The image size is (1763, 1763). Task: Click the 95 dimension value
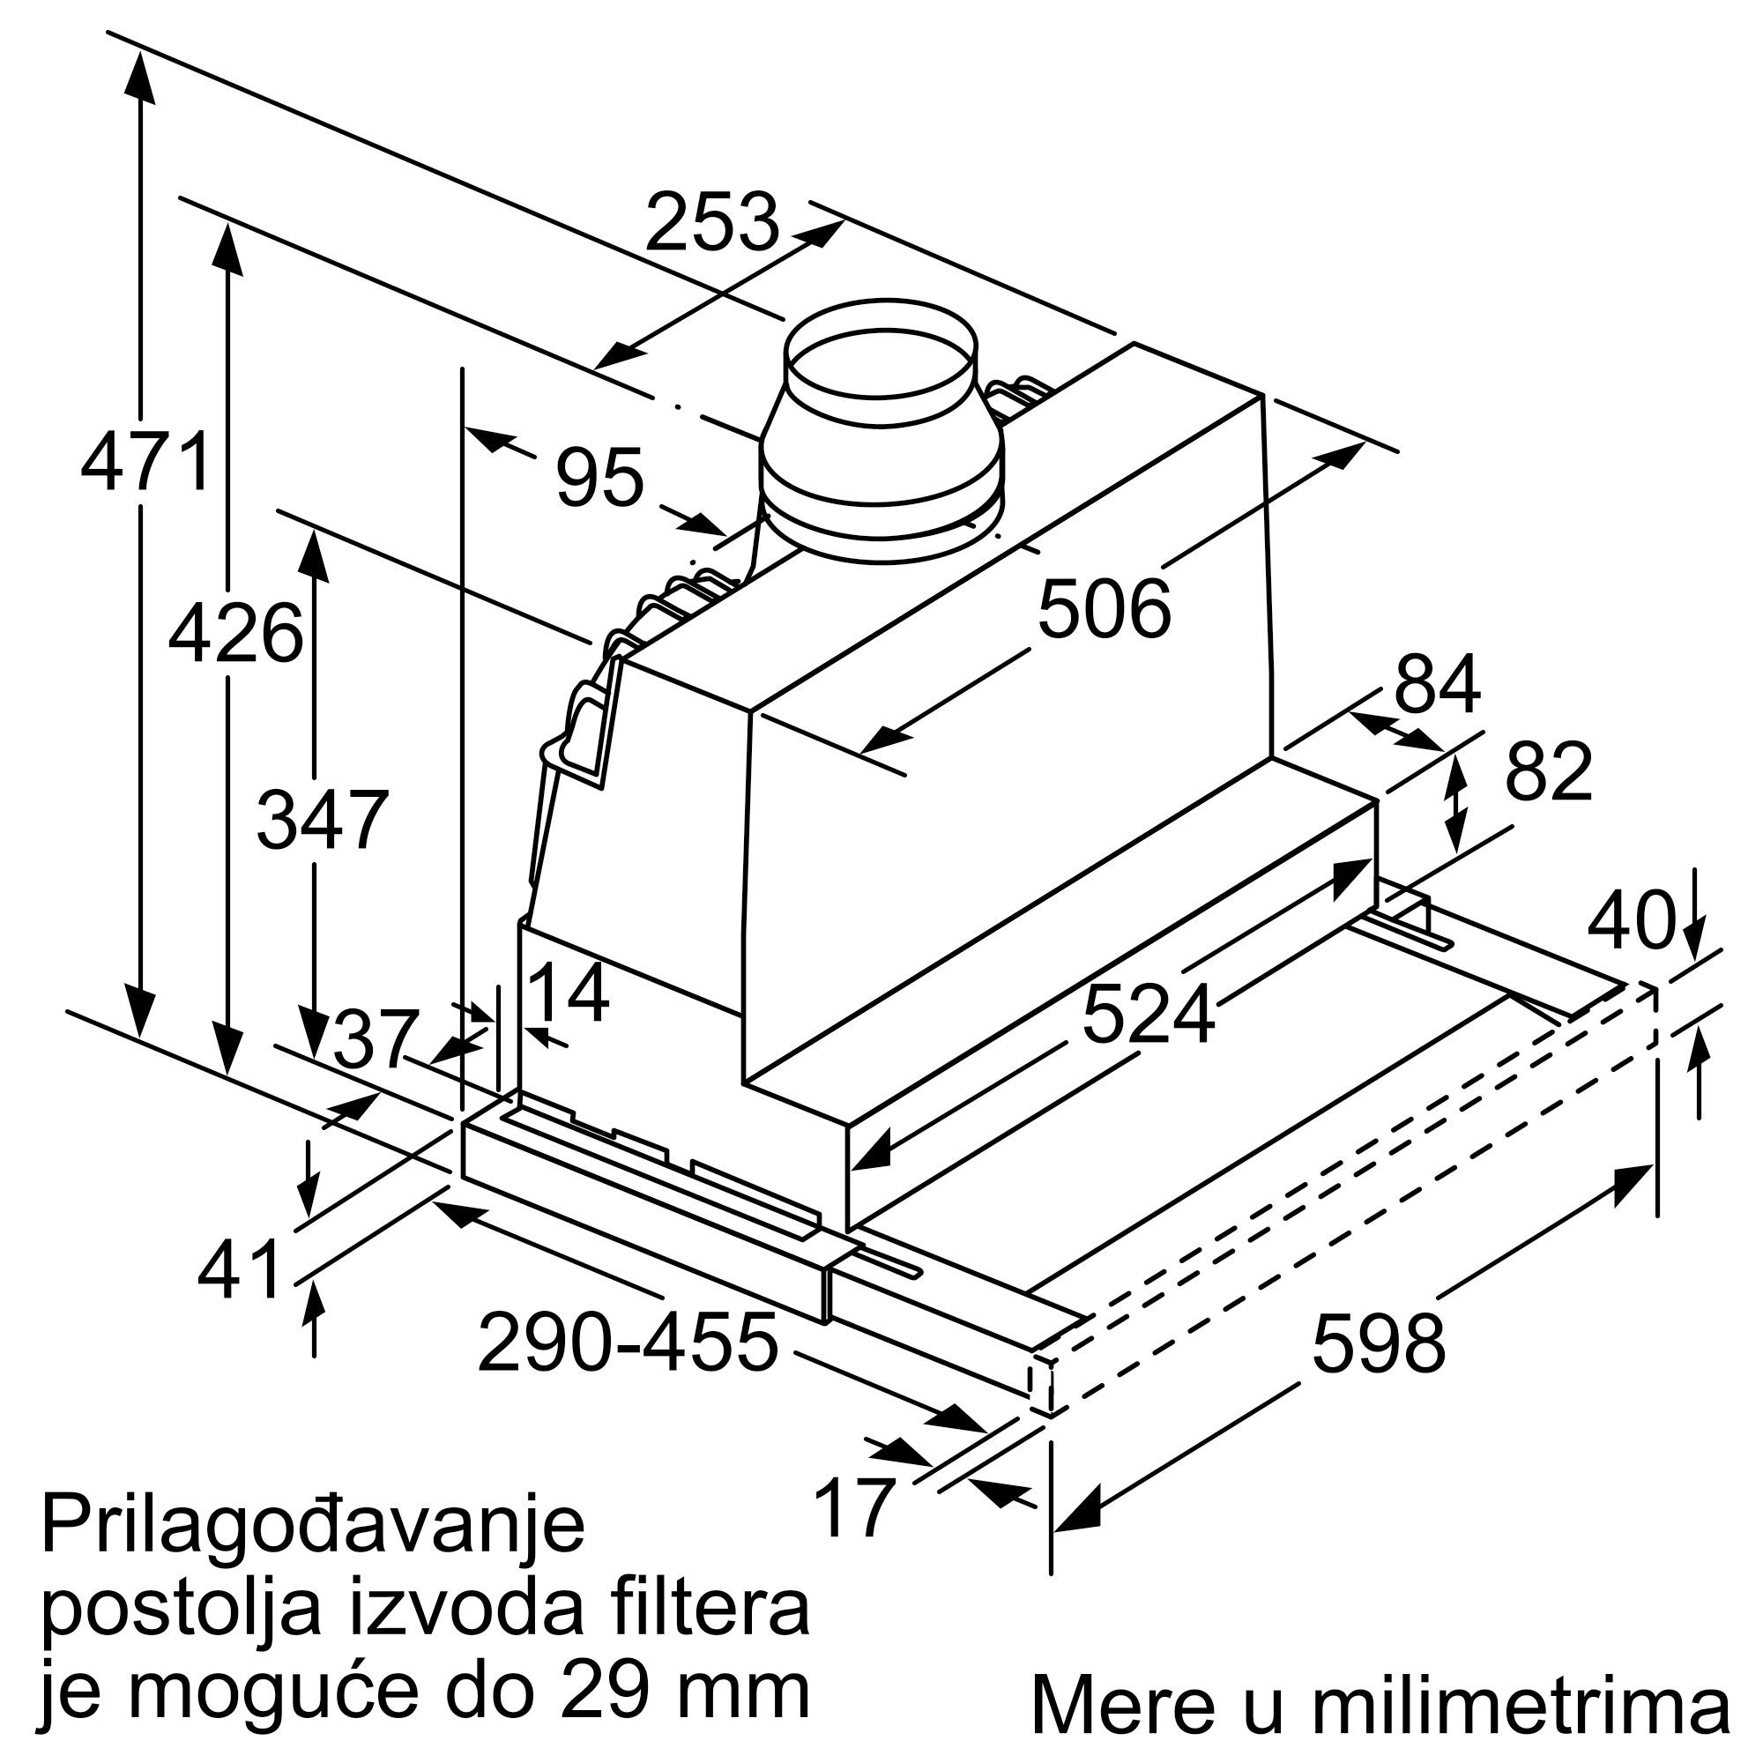coord(600,476)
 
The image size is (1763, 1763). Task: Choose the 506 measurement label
coord(1105,608)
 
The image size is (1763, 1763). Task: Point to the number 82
coord(1549,771)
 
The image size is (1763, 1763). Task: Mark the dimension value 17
coord(853,1507)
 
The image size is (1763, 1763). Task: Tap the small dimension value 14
coord(569,993)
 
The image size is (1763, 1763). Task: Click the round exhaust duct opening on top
coord(881,363)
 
